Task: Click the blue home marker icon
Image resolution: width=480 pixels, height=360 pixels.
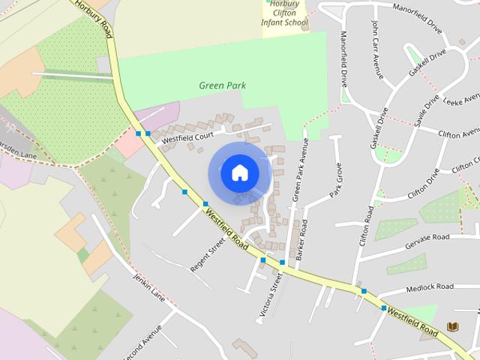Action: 239,172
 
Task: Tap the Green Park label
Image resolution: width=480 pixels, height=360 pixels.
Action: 222,85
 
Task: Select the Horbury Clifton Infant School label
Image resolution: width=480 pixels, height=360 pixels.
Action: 284,13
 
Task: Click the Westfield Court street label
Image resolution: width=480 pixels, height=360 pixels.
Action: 187,137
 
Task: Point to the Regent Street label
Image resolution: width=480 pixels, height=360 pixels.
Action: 207,253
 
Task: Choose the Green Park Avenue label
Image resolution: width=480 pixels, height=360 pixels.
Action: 299,175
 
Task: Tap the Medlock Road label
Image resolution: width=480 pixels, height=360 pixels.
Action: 430,287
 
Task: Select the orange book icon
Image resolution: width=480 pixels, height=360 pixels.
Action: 452,327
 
